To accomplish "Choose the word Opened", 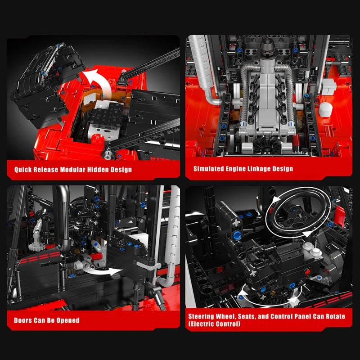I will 67,320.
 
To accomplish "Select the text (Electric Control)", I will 214,324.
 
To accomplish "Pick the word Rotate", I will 334,316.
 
